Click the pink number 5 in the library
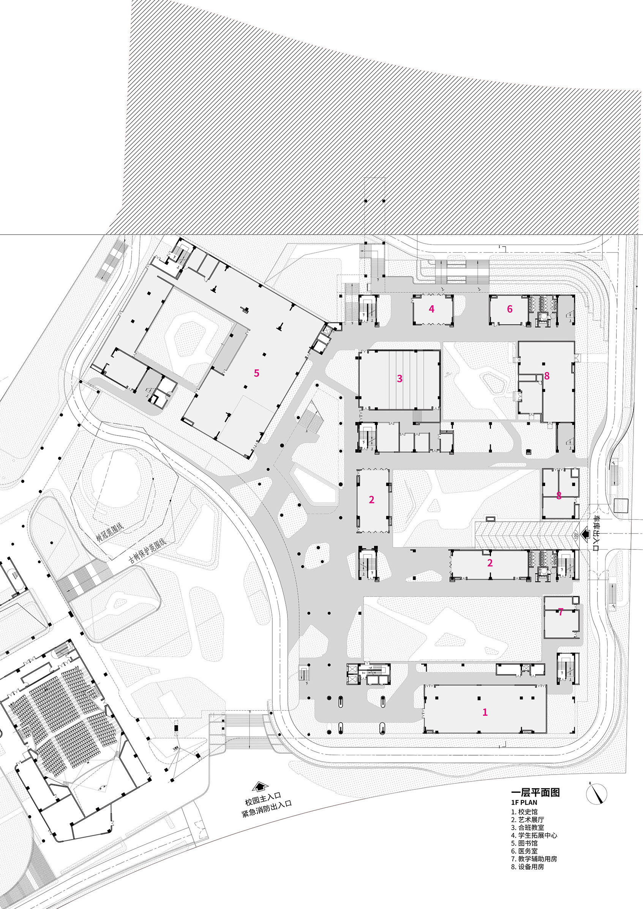pyautogui.click(x=257, y=373)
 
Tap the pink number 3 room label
pyautogui.click(x=400, y=379)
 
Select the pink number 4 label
pyautogui.click(x=431, y=309)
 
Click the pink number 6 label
pyautogui.click(x=510, y=309)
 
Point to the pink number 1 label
pyautogui.click(x=485, y=712)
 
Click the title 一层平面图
pyautogui.click(x=535, y=792)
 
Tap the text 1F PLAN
pyautogui.click(x=524, y=803)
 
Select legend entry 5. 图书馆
pyautogui.click(x=524, y=843)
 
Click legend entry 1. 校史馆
pyautogui.click(x=524, y=812)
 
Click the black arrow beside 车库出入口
pyautogui.click(x=585, y=534)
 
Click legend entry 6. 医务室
pyautogui.click(x=524, y=851)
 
